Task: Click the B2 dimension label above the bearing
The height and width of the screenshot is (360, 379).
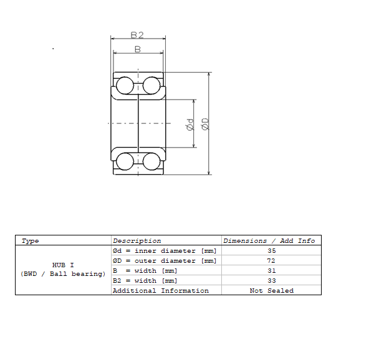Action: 138,35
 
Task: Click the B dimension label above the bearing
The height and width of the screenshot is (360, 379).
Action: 138,49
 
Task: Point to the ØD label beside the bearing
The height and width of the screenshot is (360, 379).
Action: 204,124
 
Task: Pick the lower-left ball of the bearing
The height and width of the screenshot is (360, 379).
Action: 125,161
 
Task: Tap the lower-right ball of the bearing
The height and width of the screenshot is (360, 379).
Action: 151,161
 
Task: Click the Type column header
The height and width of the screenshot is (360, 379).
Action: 30,240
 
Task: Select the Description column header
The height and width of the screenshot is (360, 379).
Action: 137,240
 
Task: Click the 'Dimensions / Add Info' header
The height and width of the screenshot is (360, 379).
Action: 269,240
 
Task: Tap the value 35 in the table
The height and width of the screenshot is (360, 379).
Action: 271,250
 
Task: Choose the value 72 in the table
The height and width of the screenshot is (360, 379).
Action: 271,260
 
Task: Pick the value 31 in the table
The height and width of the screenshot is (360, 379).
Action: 271,270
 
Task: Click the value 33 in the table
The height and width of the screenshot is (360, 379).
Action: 271,280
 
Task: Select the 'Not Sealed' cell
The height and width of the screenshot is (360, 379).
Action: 271,290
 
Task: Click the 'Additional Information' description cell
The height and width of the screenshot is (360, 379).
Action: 160,290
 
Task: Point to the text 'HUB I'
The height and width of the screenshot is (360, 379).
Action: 63,265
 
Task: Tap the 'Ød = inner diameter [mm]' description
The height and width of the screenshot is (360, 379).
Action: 164,250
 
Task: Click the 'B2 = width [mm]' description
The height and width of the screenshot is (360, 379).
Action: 145,280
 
